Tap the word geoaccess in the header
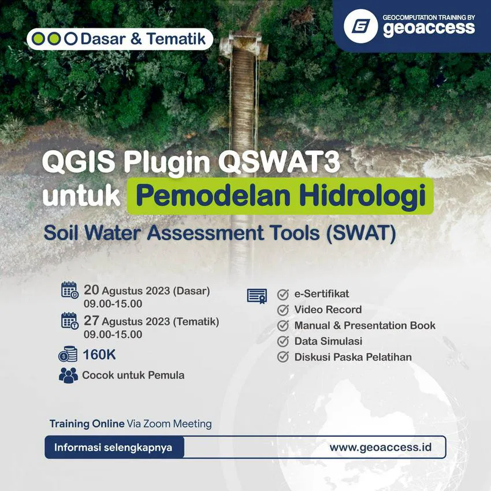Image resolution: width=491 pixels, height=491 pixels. point(429,29)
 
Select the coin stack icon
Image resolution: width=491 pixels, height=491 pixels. point(68,354)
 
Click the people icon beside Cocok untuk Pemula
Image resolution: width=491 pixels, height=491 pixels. point(68,375)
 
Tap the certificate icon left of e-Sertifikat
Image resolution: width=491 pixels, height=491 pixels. point(257,296)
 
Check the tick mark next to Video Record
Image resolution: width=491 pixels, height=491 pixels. point(283,310)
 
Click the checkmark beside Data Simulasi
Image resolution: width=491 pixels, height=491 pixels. point(283,341)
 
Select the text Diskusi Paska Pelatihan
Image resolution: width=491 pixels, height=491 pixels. point(353,357)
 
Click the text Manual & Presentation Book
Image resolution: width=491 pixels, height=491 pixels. point(364,325)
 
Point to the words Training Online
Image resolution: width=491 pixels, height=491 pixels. point(87,424)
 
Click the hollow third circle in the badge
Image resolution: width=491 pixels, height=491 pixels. point(70,39)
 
